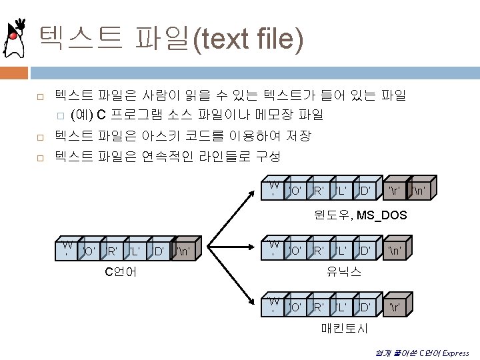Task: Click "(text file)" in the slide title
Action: click(x=248, y=39)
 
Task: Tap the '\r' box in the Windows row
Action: click(x=394, y=192)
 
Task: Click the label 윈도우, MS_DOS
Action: click(x=360, y=215)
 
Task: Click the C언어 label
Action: click(x=121, y=271)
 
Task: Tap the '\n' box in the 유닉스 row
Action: click(x=395, y=251)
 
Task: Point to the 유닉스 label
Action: click(x=343, y=271)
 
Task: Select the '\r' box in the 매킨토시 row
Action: click(x=394, y=307)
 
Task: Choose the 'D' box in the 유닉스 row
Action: click(x=365, y=251)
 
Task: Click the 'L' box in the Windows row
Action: click(x=341, y=192)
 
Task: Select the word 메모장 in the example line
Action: click(x=273, y=115)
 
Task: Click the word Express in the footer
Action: click(x=455, y=353)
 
